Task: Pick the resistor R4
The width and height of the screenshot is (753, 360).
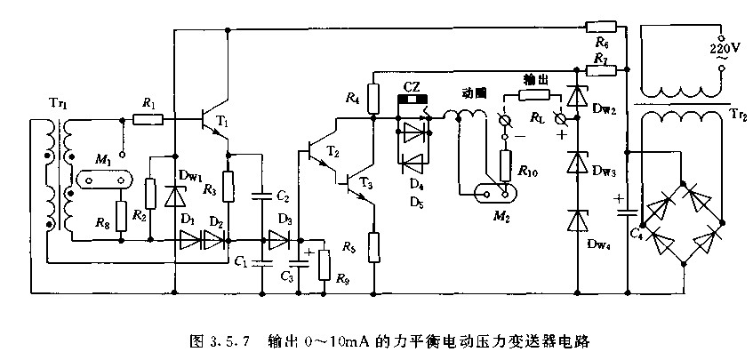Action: (373, 95)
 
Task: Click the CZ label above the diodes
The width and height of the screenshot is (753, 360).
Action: (412, 85)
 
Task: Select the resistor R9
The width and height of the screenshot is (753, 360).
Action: (324, 263)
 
